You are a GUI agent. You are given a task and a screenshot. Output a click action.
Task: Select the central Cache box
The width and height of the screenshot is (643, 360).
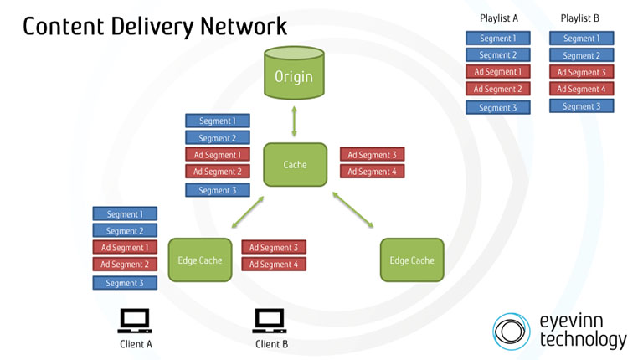click(x=295, y=165)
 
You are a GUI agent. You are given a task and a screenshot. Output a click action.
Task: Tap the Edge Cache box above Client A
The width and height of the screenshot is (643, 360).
click(x=199, y=260)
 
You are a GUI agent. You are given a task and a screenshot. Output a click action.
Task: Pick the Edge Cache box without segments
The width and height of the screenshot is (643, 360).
click(x=411, y=260)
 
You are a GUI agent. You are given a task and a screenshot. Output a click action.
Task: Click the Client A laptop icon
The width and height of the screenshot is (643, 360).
click(x=134, y=321)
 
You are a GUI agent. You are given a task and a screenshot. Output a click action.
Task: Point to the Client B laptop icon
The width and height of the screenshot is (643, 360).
click(x=270, y=321)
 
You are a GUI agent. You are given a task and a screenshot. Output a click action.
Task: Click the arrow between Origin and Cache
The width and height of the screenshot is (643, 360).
click(x=294, y=121)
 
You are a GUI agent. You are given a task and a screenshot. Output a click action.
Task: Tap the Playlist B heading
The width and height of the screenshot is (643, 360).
click(x=580, y=18)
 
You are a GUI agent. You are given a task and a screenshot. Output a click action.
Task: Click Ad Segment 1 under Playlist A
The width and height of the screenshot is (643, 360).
click(x=497, y=72)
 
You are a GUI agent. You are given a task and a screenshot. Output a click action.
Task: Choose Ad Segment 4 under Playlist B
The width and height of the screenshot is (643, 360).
click(x=581, y=89)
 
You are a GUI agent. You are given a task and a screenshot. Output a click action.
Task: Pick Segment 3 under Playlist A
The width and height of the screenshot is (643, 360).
click(x=497, y=107)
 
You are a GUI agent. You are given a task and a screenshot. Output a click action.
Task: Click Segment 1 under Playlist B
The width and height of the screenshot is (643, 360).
click(x=581, y=38)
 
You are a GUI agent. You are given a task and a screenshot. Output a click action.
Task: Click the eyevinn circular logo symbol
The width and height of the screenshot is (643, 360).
click(x=512, y=331)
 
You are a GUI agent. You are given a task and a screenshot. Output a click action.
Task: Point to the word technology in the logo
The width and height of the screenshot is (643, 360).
click(x=583, y=340)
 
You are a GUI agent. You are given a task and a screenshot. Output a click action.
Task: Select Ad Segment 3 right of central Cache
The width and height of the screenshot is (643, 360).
click(x=373, y=155)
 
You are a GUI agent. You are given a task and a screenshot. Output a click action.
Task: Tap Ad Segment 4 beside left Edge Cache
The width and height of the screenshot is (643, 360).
click(x=274, y=264)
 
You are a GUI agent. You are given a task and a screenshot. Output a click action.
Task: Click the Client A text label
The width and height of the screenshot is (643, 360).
click(x=135, y=343)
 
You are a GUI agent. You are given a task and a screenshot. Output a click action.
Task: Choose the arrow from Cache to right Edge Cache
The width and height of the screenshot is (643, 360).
click(x=355, y=212)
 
